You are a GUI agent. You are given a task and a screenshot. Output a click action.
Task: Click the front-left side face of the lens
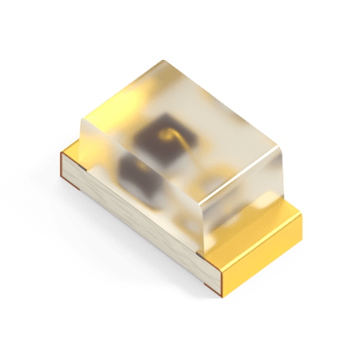click(x=137, y=179)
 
